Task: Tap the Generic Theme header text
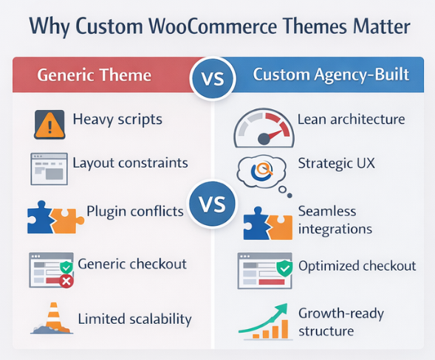94,75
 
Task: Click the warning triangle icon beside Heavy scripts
49,123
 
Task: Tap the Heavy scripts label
117,119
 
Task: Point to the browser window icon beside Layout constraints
48,168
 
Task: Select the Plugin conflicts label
134,211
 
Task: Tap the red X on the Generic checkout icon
66,281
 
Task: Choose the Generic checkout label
131,263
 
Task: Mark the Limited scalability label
134,319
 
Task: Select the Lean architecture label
351,119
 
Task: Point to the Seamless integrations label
335,220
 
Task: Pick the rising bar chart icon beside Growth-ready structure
266,320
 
